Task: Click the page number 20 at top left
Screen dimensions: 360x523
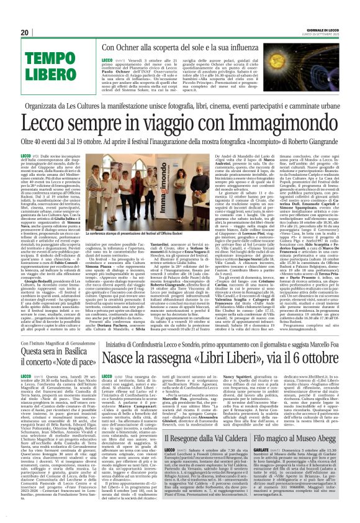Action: click(x=24, y=32)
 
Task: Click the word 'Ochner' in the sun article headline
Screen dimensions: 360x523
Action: click(x=138, y=48)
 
